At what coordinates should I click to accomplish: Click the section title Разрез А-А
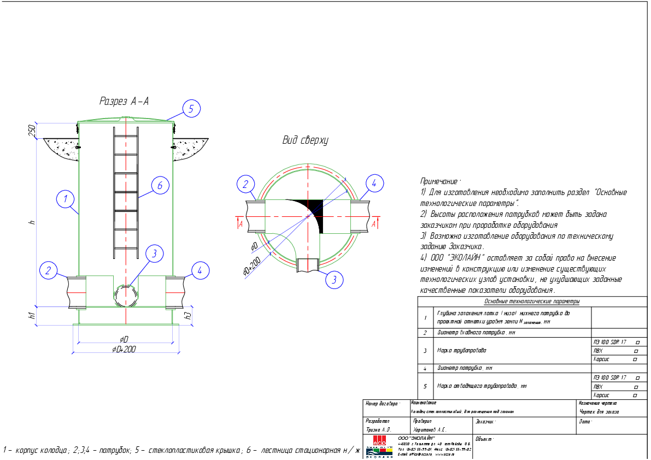[124, 101]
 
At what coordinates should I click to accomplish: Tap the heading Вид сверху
[305, 140]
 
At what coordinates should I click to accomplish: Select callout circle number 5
[191, 109]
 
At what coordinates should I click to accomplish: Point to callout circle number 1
[65, 199]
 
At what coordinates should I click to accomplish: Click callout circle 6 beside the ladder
[160, 186]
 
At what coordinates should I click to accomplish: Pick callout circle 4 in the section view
[200, 270]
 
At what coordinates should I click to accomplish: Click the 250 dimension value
[32, 130]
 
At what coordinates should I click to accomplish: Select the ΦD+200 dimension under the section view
[124, 349]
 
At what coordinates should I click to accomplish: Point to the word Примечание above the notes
[440, 181]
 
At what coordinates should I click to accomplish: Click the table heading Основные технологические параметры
[531, 301]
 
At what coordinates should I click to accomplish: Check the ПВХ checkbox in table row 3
[636, 351]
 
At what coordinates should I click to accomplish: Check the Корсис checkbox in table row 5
[635, 395]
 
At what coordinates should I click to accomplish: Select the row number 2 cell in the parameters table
[425, 332]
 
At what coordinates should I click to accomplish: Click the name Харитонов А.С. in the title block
[430, 429]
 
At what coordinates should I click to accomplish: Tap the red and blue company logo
[379, 446]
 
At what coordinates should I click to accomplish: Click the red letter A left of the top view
[241, 223]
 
